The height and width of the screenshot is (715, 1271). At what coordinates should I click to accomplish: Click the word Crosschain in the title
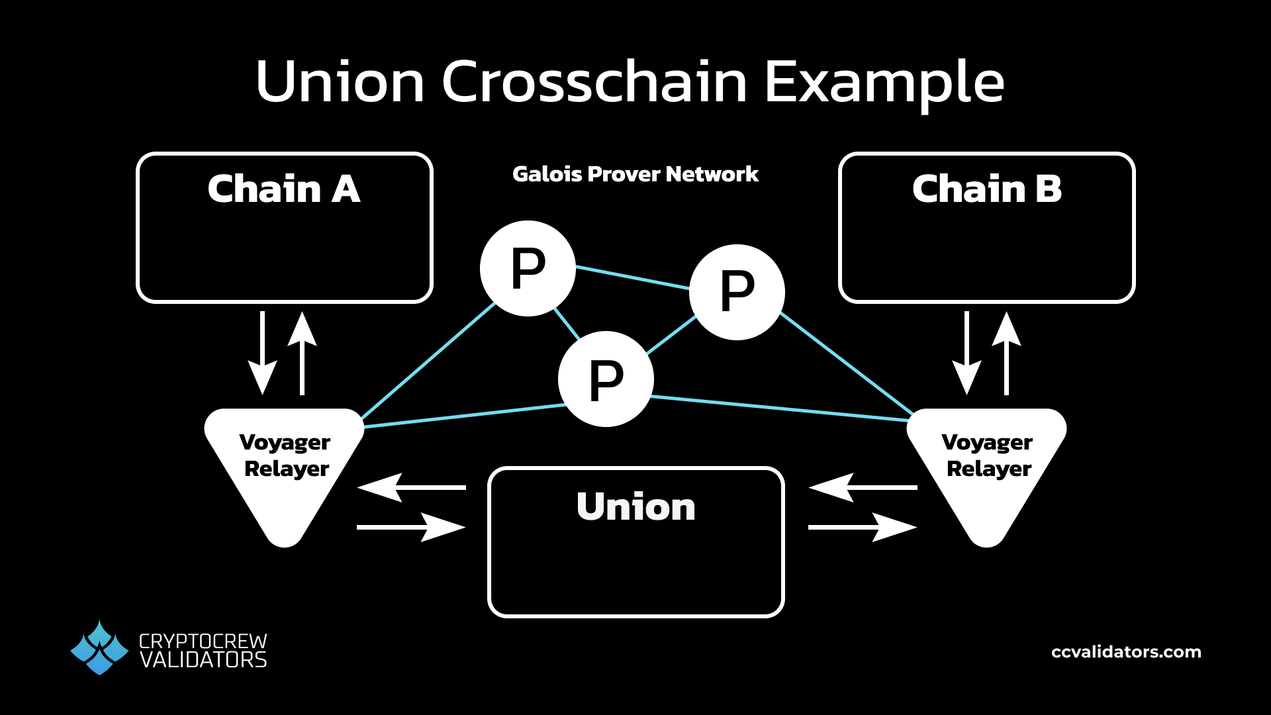pos(594,82)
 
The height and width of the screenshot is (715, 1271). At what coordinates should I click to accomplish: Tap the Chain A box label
pos(283,189)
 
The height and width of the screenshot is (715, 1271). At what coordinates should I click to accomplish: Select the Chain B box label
pos(986,189)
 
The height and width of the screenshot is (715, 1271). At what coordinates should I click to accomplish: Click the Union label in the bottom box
pos(635,507)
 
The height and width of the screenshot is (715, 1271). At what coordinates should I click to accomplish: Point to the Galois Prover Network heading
pos(635,174)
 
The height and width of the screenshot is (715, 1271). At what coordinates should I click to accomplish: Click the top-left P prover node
pos(528,269)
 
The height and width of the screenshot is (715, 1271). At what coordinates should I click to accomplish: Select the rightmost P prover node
pos(737,292)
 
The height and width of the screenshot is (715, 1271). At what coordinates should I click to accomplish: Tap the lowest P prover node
pos(606,379)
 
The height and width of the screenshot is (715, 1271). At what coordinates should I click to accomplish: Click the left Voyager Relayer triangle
pos(285,463)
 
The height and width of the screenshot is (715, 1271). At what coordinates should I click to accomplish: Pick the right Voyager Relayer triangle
pos(986,463)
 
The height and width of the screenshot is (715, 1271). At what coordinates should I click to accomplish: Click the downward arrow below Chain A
pos(263,354)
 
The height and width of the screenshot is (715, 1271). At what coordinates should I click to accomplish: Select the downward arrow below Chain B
pos(967,354)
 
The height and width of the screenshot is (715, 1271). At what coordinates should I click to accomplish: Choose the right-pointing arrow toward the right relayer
pos(862,528)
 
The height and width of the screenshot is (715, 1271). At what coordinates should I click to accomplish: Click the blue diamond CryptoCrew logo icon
pos(99,648)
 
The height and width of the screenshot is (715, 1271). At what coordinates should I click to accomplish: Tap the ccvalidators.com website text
pos(1126,652)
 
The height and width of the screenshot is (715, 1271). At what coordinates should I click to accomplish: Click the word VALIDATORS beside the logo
pos(203,661)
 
